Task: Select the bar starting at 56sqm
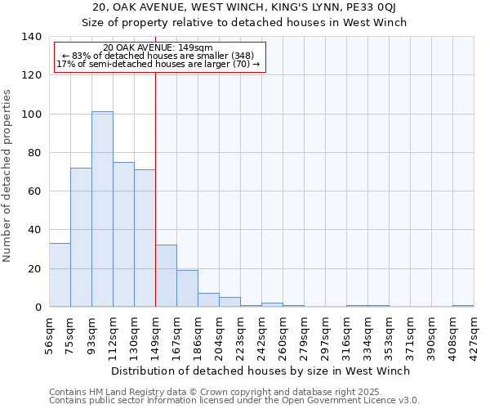point(60,275)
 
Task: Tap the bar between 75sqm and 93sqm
point(81,237)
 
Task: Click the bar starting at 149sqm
point(166,276)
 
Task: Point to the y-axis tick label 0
point(37,308)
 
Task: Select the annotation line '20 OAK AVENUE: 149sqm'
point(158,47)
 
